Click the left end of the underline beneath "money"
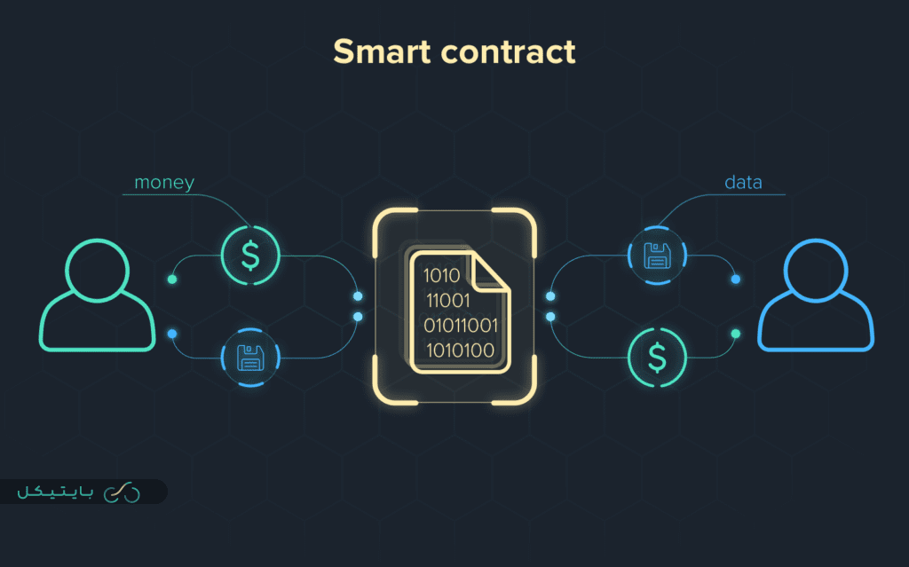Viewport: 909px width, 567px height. (x=123, y=195)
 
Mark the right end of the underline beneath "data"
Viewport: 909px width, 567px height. (x=785, y=195)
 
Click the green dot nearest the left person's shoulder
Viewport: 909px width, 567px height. (x=172, y=280)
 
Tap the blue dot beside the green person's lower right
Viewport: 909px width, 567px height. (x=172, y=334)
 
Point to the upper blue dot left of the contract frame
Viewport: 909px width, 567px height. (x=358, y=296)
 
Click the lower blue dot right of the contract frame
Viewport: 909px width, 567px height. (x=550, y=317)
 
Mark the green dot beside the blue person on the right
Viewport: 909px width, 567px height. (x=736, y=334)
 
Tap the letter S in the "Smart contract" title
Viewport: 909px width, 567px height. (x=344, y=51)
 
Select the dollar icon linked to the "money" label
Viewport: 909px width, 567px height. (x=250, y=256)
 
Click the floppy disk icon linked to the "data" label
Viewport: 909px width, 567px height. (x=657, y=256)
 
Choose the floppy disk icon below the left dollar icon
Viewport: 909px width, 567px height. (x=250, y=358)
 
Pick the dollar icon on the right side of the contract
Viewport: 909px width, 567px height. (x=657, y=358)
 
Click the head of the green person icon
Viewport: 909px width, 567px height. (x=98, y=270)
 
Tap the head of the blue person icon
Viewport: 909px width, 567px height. (x=816, y=270)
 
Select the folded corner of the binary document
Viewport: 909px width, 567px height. (x=490, y=272)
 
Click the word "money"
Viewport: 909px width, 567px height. (x=164, y=183)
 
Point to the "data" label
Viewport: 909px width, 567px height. (x=743, y=183)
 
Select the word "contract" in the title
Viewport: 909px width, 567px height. (x=509, y=52)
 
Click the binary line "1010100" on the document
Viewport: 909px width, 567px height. (x=461, y=350)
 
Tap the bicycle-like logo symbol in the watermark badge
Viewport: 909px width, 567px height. (x=122, y=492)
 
